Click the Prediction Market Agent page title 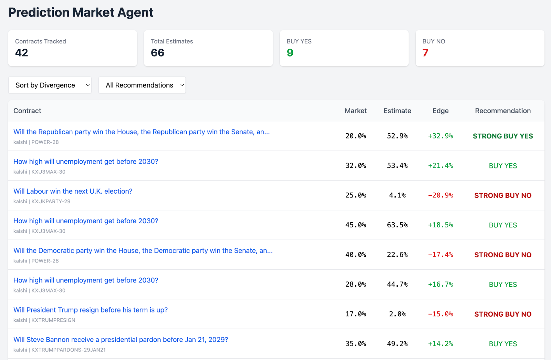pos(81,12)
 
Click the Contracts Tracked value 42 pos(21,53)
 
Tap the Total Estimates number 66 pos(157,53)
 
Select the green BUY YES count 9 pos(290,53)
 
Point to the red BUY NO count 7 pos(425,53)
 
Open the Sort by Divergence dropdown pos(50,85)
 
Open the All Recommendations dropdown pos(142,85)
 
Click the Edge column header pos(440,111)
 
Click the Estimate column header pos(397,111)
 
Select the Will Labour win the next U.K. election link pos(73,191)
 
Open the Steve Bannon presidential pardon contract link pos(121,340)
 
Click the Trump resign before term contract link pos(91,310)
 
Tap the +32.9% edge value pos(440,136)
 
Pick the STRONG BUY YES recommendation pos(503,136)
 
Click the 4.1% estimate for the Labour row pos(397,195)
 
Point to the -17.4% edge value pos(440,255)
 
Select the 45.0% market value pos(355,225)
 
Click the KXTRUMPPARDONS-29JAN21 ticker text pos(68,350)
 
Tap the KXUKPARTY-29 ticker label pos(51,202)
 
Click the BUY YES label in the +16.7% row pos(503,285)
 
